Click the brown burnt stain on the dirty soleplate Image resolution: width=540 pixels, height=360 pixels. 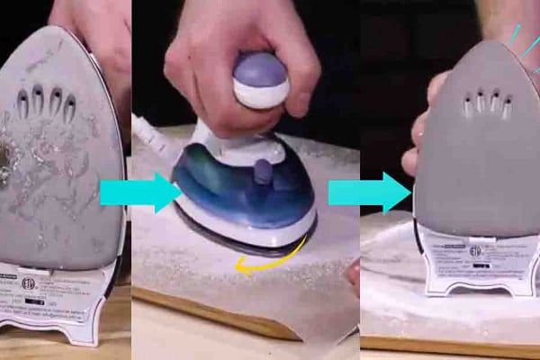(6, 166)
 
